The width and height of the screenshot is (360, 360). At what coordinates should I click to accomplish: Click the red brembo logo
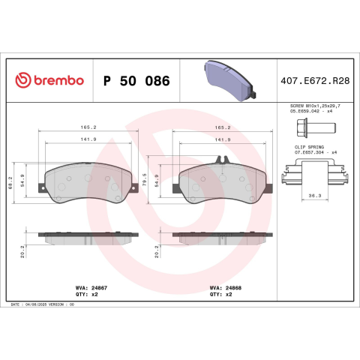[49, 80]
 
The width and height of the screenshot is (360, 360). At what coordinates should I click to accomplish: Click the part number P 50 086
[136, 81]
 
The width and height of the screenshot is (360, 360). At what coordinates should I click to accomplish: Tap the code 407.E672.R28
[315, 81]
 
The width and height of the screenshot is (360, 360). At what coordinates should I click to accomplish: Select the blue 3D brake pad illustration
[230, 80]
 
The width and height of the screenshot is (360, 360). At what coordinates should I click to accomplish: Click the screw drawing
[316, 128]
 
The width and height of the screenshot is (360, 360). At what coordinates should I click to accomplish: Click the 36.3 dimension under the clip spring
[315, 196]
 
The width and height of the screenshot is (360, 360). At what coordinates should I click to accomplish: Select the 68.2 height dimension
[10, 182]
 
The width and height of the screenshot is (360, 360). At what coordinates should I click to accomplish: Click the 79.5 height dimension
[145, 179]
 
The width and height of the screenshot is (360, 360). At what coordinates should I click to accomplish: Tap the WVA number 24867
[99, 288]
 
